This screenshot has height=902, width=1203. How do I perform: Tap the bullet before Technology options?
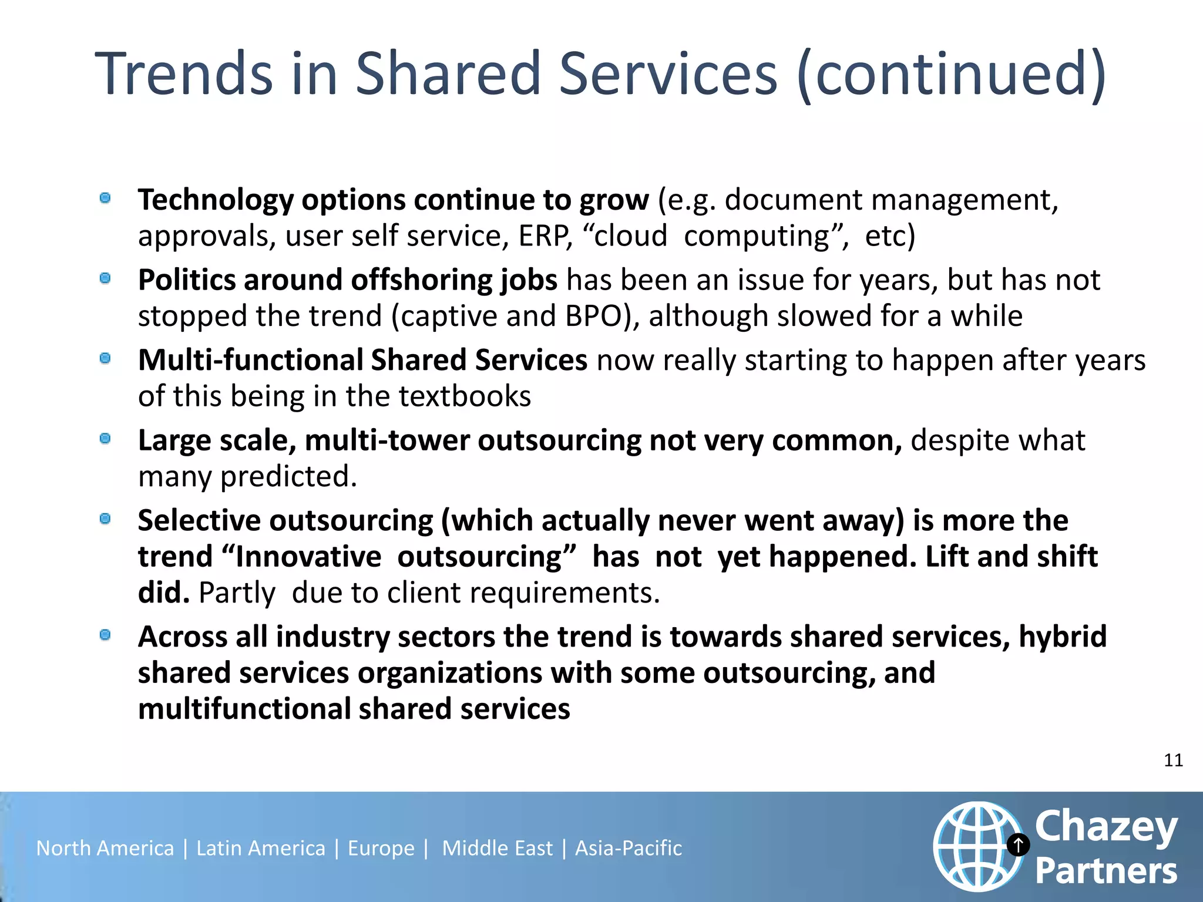[106, 198]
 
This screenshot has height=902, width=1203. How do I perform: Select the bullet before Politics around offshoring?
[106, 278]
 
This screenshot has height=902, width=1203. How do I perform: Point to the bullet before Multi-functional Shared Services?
[106, 358]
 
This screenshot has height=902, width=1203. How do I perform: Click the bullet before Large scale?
[106, 439]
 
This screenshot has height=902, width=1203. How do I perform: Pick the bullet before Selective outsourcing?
[106, 519]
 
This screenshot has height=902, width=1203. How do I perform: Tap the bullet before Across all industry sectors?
[106, 635]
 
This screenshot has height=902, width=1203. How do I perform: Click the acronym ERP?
[544, 236]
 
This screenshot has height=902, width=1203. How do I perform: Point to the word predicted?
[288, 476]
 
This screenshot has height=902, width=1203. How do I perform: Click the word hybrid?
[1063, 637]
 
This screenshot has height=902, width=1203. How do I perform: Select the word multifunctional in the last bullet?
[244, 709]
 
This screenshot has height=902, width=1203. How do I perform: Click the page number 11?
[1173, 760]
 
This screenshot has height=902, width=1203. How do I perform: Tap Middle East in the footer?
[497, 848]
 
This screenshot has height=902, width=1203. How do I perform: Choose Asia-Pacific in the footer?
[629, 848]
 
